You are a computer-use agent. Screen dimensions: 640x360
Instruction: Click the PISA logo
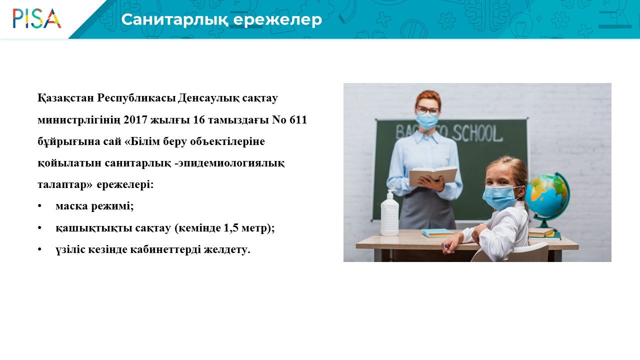tap(37, 18)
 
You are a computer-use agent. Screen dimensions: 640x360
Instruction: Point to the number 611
tap(298, 119)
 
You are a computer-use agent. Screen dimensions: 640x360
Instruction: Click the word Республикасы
tap(135, 98)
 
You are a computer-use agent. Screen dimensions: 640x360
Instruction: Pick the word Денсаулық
tap(208, 98)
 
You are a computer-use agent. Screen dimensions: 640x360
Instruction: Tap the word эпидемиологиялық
tap(231, 163)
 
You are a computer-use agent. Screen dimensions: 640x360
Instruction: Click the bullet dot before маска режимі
tap(39, 206)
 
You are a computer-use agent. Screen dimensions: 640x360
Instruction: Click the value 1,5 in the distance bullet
tap(231, 228)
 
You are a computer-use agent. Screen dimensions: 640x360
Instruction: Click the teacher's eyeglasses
tap(427, 110)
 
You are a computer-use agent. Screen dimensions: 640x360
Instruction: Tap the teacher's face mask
tap(427, 120)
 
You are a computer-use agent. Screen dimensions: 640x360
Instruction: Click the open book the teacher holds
tap(433, 175)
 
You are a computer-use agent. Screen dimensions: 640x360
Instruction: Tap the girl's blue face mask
tap(500, 197)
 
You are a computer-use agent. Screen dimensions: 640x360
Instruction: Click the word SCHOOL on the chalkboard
tap(477, 133)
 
